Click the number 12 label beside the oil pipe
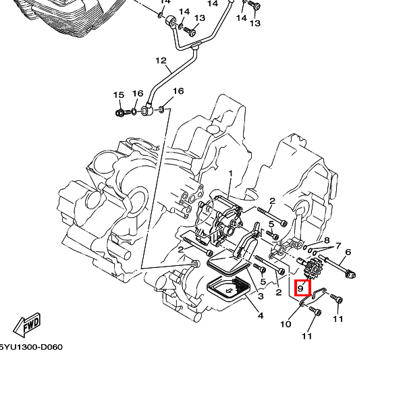(161, 61)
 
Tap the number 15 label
(119, 94)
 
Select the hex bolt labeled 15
(121, 112)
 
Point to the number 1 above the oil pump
(230, 173)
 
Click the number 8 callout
(327, 240)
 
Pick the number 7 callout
(338, 246)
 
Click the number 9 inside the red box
(301, 288)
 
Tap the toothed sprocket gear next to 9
(313, 269)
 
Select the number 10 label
(286, 325)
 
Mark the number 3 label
(261, 296)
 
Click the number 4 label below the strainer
(261, 315)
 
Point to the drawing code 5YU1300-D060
(30, 348)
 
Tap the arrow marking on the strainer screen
(229, 292)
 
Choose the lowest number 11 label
(307, 335)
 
